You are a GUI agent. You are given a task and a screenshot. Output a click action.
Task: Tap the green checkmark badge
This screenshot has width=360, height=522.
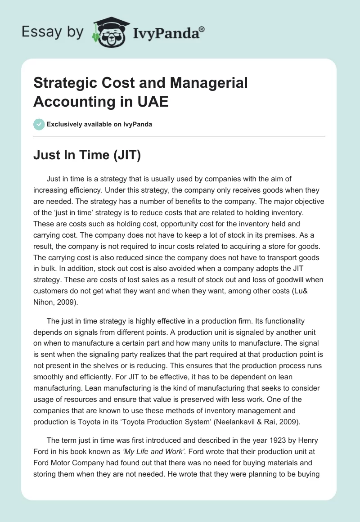(x=39, y=124)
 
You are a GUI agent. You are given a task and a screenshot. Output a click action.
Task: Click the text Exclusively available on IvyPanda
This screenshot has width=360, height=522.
(x=99, y=124)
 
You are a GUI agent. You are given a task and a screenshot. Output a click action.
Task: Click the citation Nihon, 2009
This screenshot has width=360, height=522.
(x=55, y=301)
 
